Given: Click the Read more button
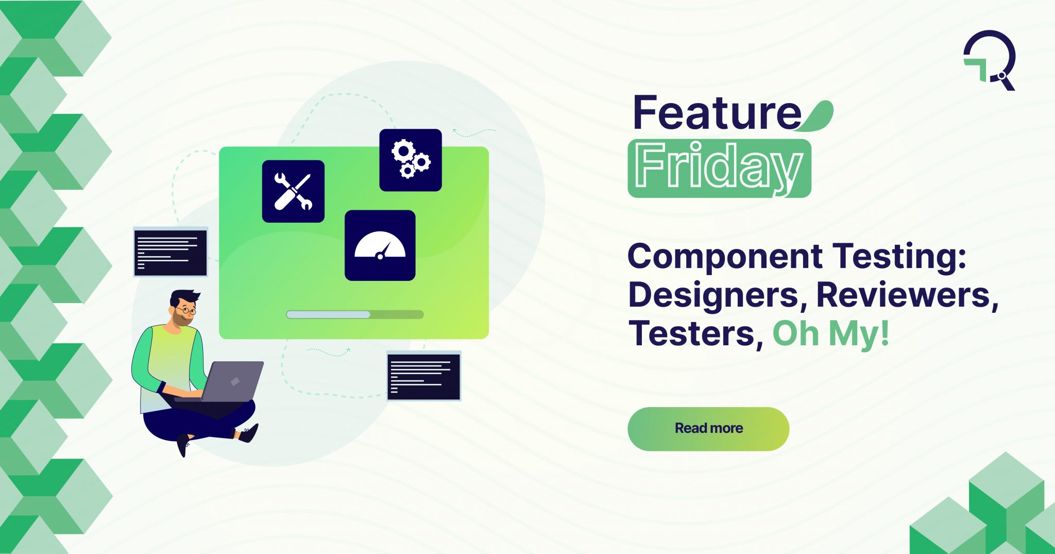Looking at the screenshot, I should pos(708,429).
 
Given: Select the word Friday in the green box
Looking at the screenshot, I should pos(719,167).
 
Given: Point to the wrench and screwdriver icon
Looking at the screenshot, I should pos(293,192).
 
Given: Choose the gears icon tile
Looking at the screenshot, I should pos(411,160).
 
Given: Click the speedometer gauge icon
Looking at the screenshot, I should pos(380,246).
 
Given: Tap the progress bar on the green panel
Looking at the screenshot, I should pos(355,314).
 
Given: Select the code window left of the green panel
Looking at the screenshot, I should pos(171,253).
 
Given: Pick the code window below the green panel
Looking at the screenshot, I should pos(423,377).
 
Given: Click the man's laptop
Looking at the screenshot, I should pos(232,381).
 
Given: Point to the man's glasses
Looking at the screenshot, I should pos(185,311).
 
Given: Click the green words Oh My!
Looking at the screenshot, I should pos(831,334).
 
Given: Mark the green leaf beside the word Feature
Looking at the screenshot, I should pos(819,116).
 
